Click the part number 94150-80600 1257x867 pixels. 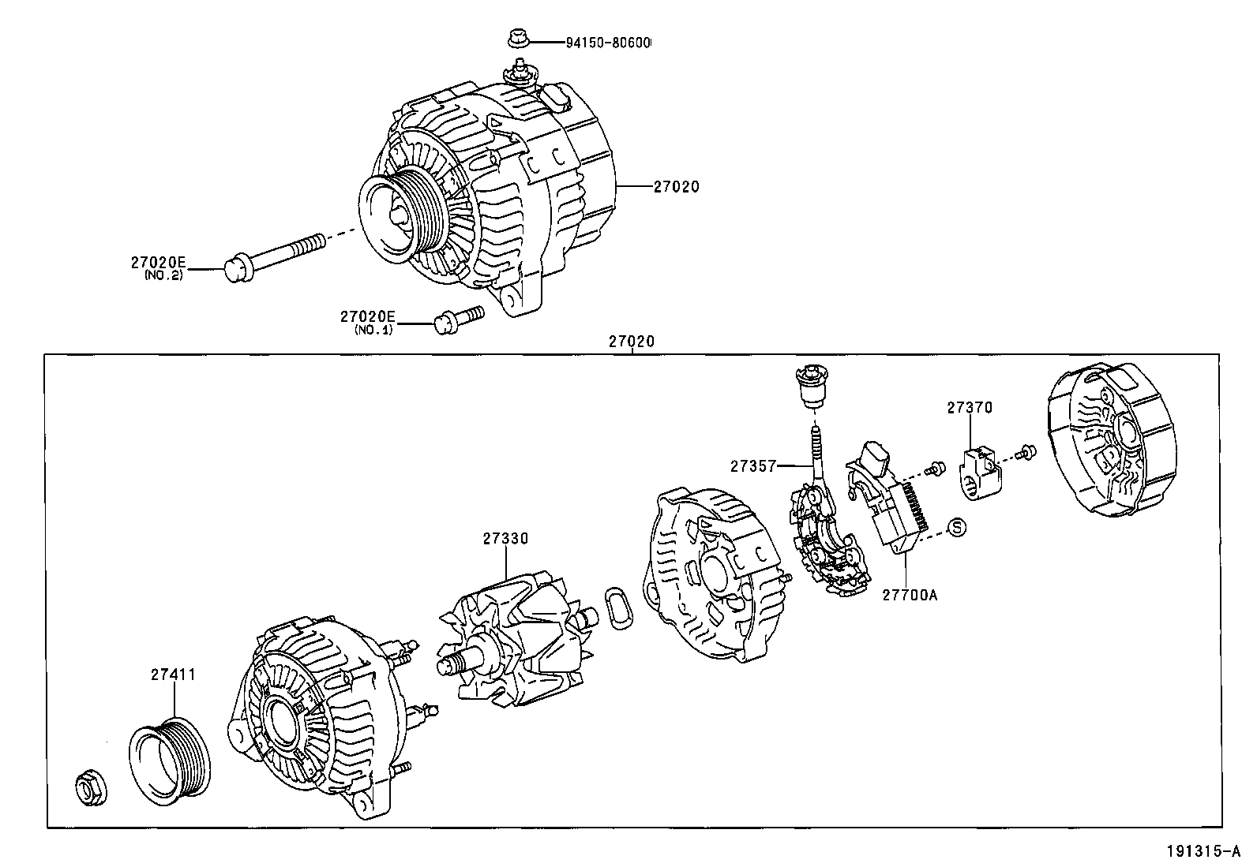[607, 42]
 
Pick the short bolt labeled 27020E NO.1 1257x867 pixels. [457, 318]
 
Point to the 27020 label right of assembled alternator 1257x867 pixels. [676, 187]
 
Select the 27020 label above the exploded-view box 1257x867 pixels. [632, 342]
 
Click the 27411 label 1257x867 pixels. [173, 675]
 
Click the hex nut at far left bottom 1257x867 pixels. [88, 790]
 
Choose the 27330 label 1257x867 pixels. [505, 538]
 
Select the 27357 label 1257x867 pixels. [752, 465]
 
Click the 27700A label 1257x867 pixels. [910, 595]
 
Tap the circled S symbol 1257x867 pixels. [956, 527]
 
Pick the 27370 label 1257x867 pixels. [970, 408]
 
